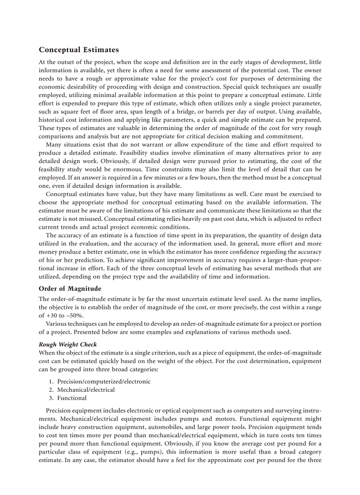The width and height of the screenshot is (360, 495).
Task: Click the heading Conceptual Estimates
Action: tap(79, 50)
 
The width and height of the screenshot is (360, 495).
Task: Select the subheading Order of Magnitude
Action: tap(70, 289)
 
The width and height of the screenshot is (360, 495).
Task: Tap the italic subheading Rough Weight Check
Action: tap(68, 344)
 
